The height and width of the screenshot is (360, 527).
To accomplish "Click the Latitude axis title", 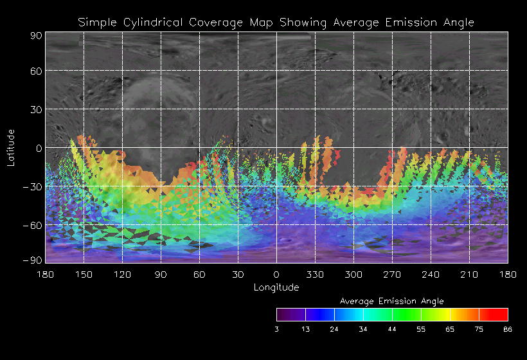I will pyautogui.click(x=11, y=147).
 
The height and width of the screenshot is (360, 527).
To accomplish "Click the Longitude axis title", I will pyautogui.click(x=276, y=287).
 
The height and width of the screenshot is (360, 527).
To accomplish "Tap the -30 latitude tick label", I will pyautogui.click(x=32, y=186).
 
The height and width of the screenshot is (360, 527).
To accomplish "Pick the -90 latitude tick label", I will pyautogui.click(x=32, y=260).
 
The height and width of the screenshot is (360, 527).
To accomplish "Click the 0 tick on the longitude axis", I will pyautogui.click(x=276, y=274).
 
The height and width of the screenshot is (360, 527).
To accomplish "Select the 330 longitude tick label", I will pyautogui.click(x=315, y=274).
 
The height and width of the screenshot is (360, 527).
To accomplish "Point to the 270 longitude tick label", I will pyautogui.click(x=392, y=274).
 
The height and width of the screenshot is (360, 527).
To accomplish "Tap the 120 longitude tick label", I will pyautogui.click(x=122, y=274).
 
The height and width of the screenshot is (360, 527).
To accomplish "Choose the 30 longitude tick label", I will pyautogui.click(x=238, y=274).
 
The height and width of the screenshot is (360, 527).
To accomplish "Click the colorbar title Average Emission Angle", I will pyautogui.click(x=391, y=301).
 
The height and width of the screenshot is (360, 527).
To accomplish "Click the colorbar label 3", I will pyautogui.click(x=277, y=328).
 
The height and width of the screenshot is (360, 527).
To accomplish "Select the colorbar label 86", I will pyautogui.click(x=508, y=328).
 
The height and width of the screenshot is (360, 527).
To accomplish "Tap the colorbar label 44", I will pyautogui.click(x=392, y=328).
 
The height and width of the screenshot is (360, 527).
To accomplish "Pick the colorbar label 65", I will pyautogui.click(x=450, y=328).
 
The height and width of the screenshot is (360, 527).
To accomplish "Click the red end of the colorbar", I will pyautogui.click(x=501, y=314).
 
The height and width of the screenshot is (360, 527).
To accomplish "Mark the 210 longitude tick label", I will pyautogui.click(x=469, y=274).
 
